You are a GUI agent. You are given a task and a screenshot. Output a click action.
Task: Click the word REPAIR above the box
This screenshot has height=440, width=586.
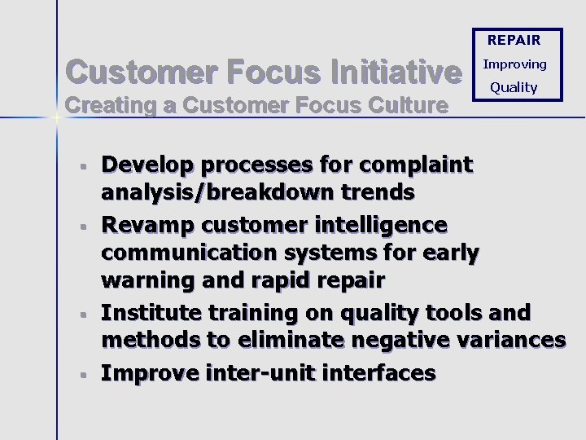tap(514, 40)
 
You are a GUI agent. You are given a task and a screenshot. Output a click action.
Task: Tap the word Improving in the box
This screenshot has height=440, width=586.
tap(514, 64)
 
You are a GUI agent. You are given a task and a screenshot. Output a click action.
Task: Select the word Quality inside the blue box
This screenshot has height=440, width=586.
tap(514, 87)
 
